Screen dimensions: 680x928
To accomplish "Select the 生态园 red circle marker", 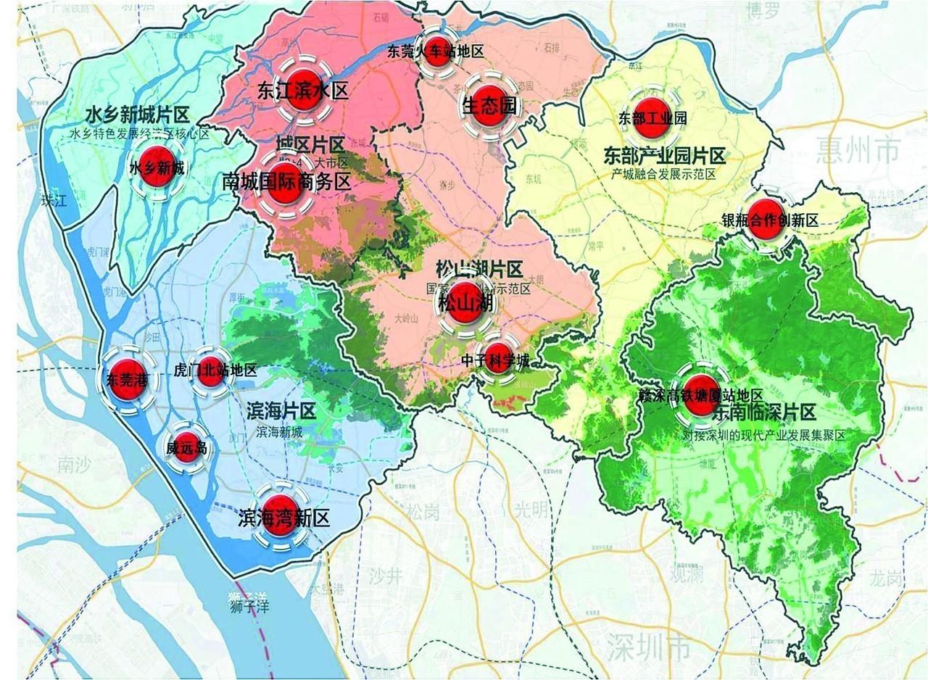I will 491,104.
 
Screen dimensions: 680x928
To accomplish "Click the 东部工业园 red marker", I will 651,116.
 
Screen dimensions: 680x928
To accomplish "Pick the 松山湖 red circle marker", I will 464,304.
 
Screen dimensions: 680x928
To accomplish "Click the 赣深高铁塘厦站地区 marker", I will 700,395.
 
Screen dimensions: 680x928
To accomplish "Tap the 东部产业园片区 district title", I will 663,156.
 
